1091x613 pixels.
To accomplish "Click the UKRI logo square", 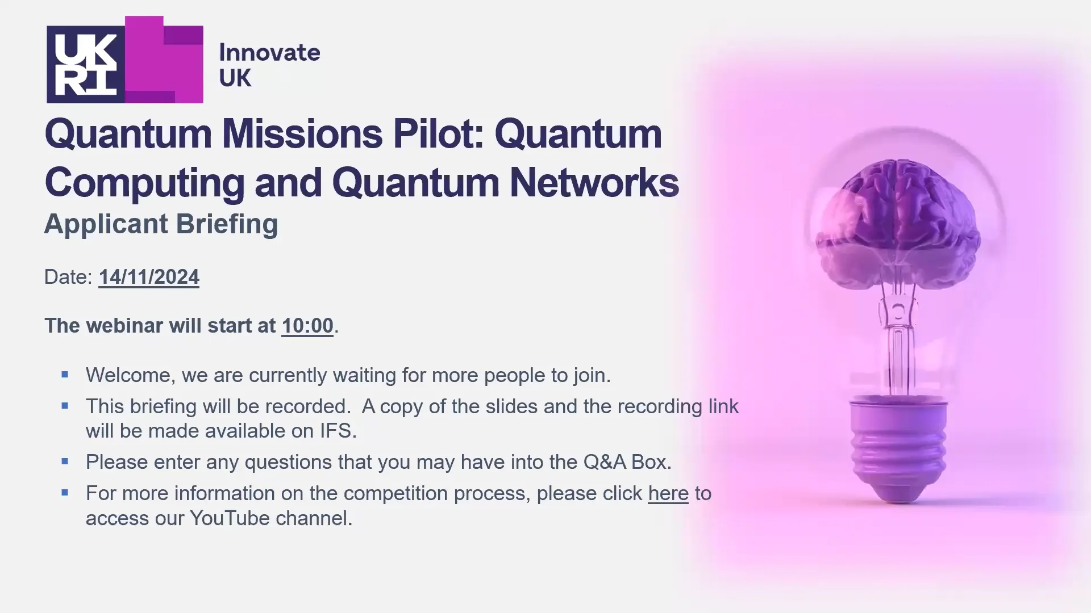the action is (x=86, y=64).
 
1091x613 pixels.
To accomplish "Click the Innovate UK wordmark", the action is (x=269, y=65).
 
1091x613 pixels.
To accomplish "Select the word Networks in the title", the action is (x=594, y=183).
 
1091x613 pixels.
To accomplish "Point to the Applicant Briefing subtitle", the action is (x=161, y=224).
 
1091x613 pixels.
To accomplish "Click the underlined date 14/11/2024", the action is (x=149, y=277).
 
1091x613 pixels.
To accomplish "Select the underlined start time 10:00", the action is (x=307, y=326).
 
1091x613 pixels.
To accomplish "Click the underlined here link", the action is (x=668, y=493).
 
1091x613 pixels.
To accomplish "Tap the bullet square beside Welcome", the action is (x=65, y=375).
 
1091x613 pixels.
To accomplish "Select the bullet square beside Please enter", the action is (x=65, y=461).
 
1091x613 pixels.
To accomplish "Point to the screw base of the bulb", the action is (x=898, y=451).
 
